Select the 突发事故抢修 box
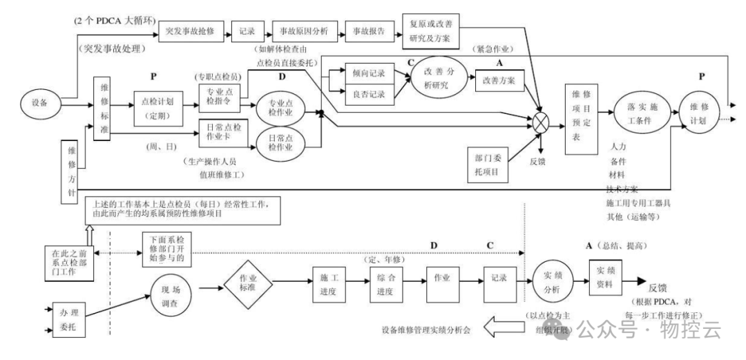pos(186,32)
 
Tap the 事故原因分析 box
pos(303,32)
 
